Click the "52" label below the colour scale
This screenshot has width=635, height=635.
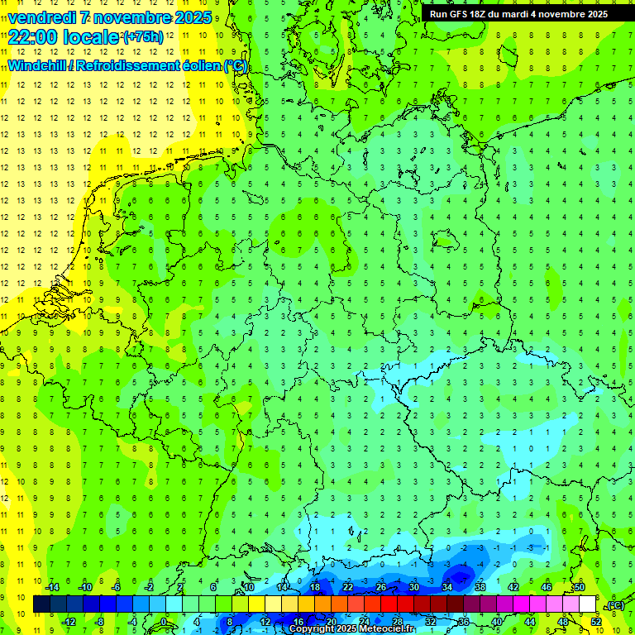coord(596,622)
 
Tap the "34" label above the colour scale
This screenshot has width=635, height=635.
coord(446,587)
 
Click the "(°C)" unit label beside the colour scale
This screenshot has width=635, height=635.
coord(615,605)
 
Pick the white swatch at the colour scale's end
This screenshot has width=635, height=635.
coord(588,604)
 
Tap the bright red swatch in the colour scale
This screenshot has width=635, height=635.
coord(389,604)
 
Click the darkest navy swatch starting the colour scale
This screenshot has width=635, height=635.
coord(41,604)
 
